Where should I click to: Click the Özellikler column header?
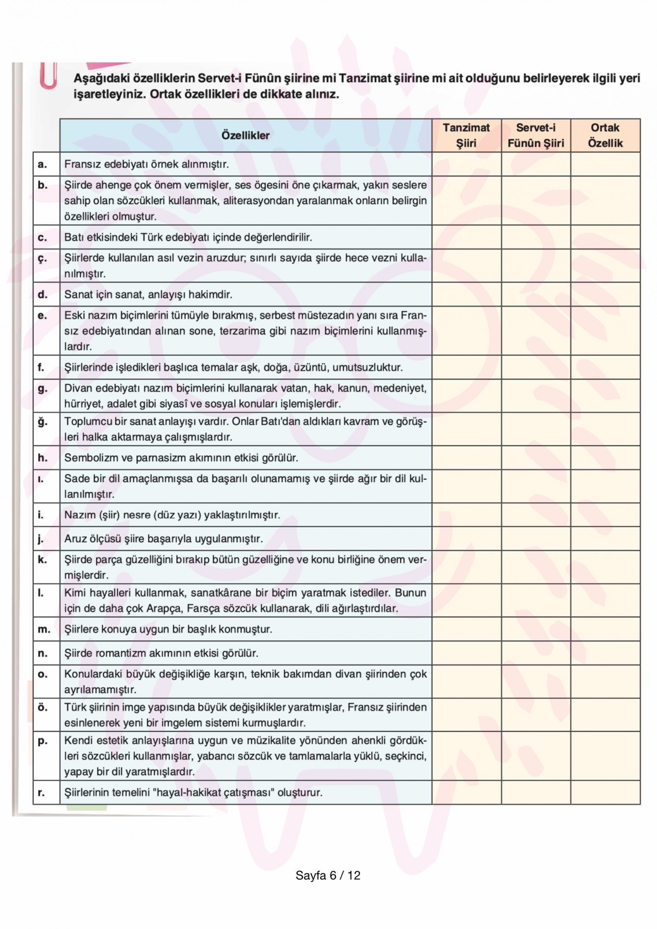(x=245, y=136)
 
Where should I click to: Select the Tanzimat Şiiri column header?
(x=466, y=136)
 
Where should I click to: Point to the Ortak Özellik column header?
(x=605, y=136)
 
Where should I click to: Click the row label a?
(x=42, y=164)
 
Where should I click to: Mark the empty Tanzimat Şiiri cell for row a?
(x=466, y=164)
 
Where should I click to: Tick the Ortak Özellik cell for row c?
(x=605, y=237)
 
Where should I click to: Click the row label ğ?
(x=42, y=422)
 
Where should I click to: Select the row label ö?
(x=42, y=707)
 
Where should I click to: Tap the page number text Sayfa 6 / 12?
(x=328, y=876)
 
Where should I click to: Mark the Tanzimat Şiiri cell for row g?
(x=466, y=396)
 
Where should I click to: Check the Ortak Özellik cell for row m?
(x=605, y=629)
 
